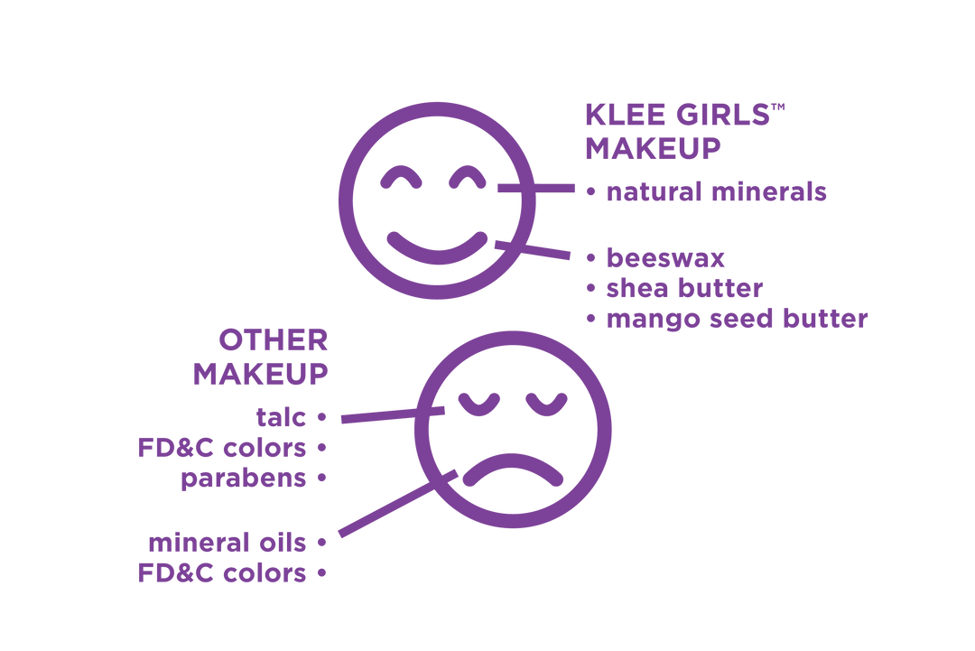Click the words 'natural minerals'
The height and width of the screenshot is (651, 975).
click(x=716, y=192)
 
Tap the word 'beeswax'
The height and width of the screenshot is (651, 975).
click(x=665, y=258)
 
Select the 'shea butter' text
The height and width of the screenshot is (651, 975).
click(x=684, y=288)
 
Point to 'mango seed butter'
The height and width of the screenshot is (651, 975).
click(x=737, y=319)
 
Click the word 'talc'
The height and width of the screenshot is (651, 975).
click(x=281, y=417)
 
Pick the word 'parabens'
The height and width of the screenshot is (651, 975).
click(x=244, y=479)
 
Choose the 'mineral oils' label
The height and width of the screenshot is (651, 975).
click(x=227, y=543)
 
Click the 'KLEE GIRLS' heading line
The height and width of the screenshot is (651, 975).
click(x=678, y=115)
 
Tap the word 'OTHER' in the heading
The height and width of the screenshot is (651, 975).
click(x=273, y=340)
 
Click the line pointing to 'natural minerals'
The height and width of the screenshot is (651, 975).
click(x=536, y=188)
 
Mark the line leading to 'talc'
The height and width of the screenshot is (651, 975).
click(x=393, y=414)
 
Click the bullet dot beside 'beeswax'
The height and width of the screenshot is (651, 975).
click(x=590, y=258)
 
